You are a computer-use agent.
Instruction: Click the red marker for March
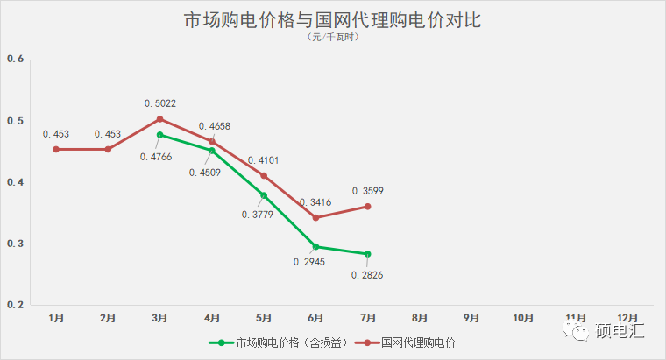[x=159, y=118]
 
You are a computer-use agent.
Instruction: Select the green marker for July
[x=368, y=254]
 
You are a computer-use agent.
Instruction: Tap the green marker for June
[x=315, y=247]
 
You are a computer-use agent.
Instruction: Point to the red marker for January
[x=56, y=149]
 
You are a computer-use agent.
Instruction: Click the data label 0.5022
[x=160, y=103]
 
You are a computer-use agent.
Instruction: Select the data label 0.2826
[x=367, y=275]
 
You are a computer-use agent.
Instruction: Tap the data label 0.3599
[x=367, y=191]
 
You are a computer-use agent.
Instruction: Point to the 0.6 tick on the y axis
[x=14, y=59]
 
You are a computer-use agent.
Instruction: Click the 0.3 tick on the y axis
[x=14, y=244]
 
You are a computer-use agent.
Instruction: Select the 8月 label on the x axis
[x=420, y=317]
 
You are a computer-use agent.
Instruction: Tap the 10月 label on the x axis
[x=524, y=317]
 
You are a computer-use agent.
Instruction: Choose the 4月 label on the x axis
[x=211, y=317]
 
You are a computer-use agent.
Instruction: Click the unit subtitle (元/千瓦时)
[x=333, y=38]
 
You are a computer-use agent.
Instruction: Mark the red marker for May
[x=264, y=176]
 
